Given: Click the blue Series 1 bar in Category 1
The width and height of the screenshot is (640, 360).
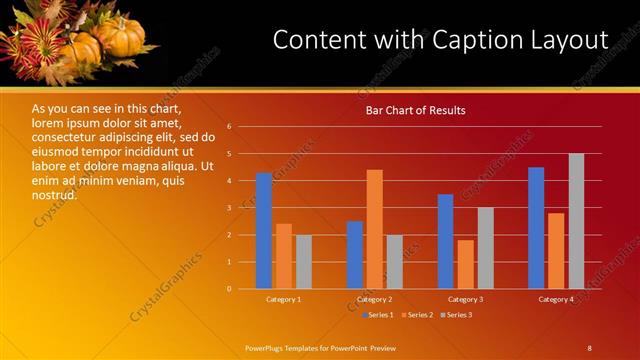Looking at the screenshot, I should coord(264,231).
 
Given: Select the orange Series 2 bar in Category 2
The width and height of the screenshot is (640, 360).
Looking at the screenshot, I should coord(375,229).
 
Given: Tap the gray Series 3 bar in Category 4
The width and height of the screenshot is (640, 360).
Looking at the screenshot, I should coord(576,221).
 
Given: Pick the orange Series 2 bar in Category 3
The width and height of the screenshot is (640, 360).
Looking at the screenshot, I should coord(466,264).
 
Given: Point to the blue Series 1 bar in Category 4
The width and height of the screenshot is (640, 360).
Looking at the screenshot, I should coord(536,228).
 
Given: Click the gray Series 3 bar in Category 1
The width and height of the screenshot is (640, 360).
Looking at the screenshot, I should coord(304,262).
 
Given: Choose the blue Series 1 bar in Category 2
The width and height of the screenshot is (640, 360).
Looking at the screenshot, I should coord(355,255).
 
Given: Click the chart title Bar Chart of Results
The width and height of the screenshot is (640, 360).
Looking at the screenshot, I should coord(414,110).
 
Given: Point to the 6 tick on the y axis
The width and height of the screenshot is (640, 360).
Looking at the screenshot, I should coord(230,127).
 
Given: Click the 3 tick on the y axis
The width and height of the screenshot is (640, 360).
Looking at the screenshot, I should coord(230,208).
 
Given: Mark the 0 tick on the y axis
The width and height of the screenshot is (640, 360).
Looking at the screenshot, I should coord(230,289).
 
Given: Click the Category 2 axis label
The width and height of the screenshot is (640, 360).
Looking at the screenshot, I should coord(374,299).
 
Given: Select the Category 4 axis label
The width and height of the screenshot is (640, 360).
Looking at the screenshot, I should coord(556,299).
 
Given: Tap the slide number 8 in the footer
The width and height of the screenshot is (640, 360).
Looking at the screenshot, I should coord(589,347).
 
